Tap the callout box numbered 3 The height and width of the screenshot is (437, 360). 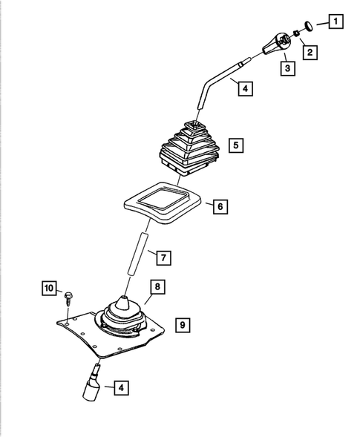(x=287, y=69)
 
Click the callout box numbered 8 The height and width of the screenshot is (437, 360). (x=157, y=285)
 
